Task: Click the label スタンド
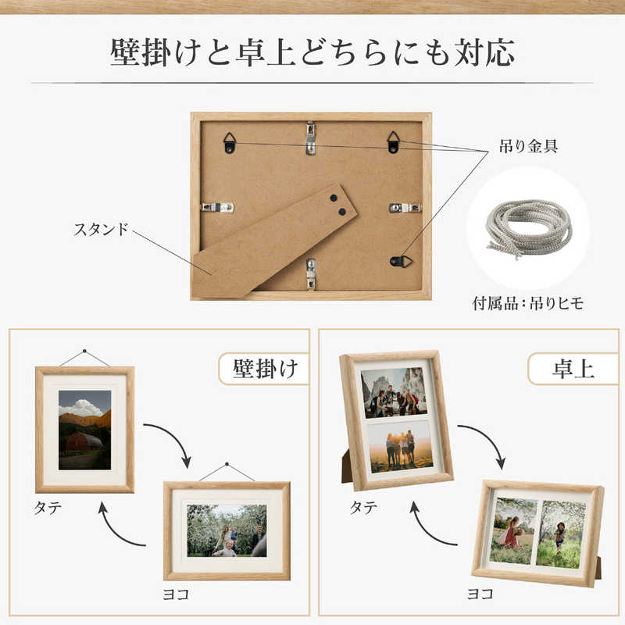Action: click(x=102, y=229)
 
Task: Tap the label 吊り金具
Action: click(x=528, y=146)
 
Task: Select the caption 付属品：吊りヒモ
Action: click(x=528, y=303)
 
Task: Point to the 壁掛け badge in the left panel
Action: click(x=265, y=369)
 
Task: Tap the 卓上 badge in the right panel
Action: click(x=573, y=369)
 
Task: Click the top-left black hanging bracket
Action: click(x=229, y=143)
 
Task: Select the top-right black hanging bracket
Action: click(x=394, y=142)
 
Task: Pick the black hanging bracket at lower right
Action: click(x=401, y=262)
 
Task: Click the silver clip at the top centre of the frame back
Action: click(x=311, y=137)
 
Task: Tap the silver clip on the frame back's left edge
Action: click(x=217, y=207)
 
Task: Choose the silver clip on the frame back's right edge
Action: click(x=405, y=207)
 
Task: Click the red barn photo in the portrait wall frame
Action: click(x=85, y=430)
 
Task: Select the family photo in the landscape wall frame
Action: click(x=227, y=530)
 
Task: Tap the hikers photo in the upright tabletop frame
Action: click(x=394, y=393)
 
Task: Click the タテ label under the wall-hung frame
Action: click(x=48, y=508)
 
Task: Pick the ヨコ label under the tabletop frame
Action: click(x=480, y=594)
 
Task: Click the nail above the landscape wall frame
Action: click(x=227, y=464)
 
